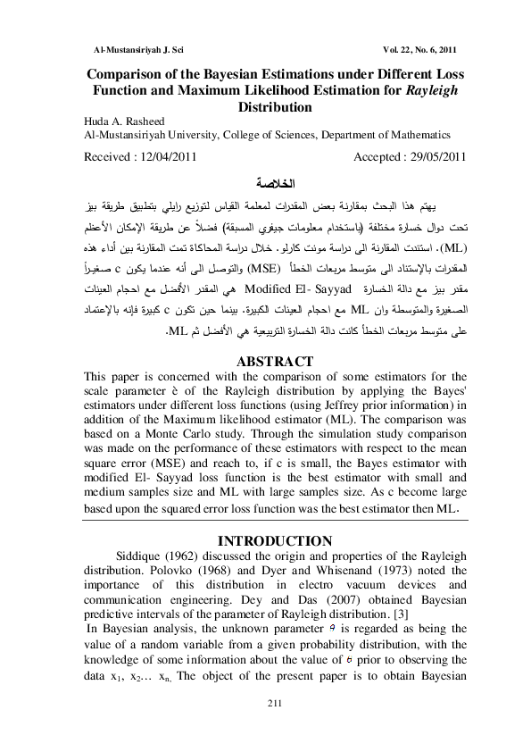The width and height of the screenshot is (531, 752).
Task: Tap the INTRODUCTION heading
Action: [x=265, y=540]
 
